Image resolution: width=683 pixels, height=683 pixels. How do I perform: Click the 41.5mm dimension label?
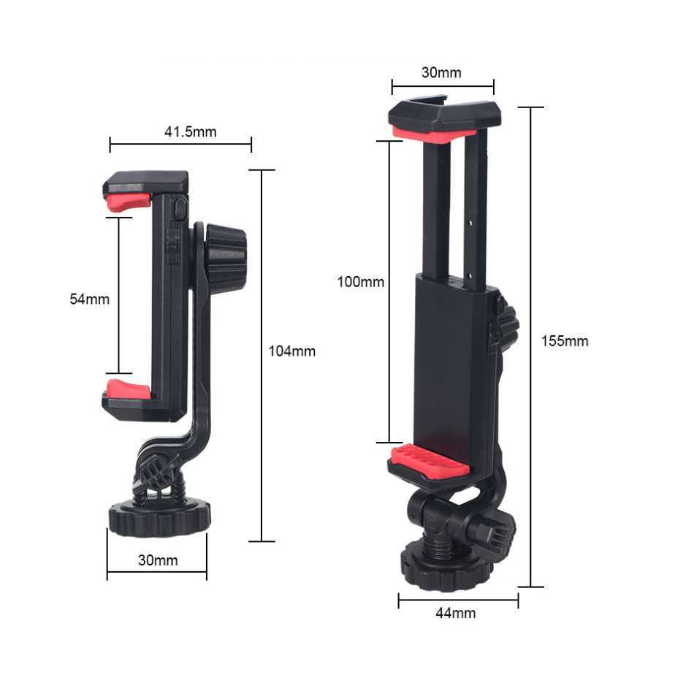tap(190, 132)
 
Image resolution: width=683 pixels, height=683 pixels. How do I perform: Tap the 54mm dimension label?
tap(89, 299)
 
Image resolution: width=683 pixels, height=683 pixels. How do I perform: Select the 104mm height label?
tap(292, 351)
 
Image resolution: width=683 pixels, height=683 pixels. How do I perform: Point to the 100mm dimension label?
tap(360, 281)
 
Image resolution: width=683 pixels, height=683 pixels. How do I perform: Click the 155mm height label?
tap(565, 341)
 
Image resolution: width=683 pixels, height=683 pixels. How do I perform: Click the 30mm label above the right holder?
tap(441, 72)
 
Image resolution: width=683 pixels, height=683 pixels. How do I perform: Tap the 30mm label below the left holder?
tap(158, 561)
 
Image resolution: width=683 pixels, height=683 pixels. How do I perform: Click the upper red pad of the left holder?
tap(129, 201)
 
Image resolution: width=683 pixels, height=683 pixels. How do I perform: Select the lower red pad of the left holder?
tap(129, 389)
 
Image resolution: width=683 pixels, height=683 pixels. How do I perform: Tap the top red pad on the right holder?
tap(433, 134)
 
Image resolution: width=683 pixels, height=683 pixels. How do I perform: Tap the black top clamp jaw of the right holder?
tap(445, 115)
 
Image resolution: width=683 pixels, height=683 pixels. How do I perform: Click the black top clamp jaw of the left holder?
tap(146, 181)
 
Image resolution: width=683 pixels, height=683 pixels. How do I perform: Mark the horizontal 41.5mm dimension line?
tap(180, 144)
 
